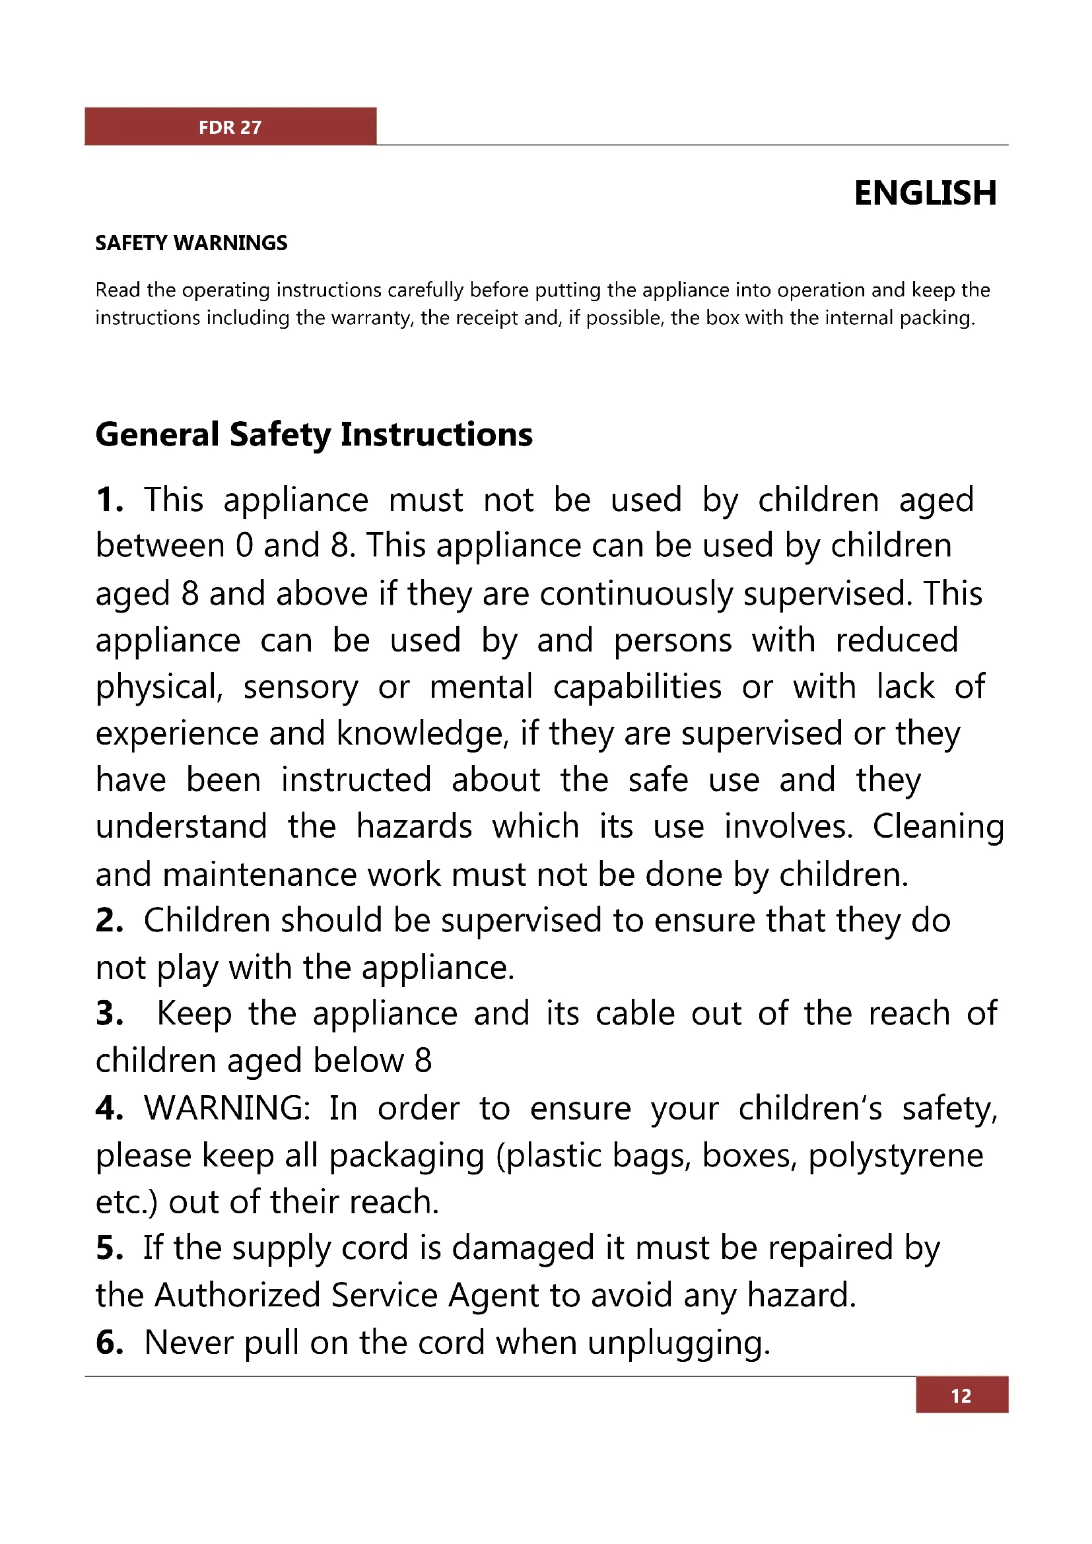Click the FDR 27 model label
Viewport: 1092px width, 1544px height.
click(x=230, y=127)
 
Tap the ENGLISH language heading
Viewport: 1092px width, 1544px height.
click(x=925, y=193)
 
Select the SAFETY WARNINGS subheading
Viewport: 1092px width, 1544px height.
click(x=191, y=243)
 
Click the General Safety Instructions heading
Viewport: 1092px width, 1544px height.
click(x=314, y=434)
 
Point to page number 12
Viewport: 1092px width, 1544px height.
click(x=961, y=1396)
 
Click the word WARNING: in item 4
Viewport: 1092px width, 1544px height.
click(x=226, y=1108)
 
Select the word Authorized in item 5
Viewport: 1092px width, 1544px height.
click(x=238, y=1295)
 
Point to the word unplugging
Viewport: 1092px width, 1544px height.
click(x=679, y=1343)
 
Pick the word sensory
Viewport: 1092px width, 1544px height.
click(x=300, y=688)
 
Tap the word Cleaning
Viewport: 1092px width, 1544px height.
click(x=938, y=827)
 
